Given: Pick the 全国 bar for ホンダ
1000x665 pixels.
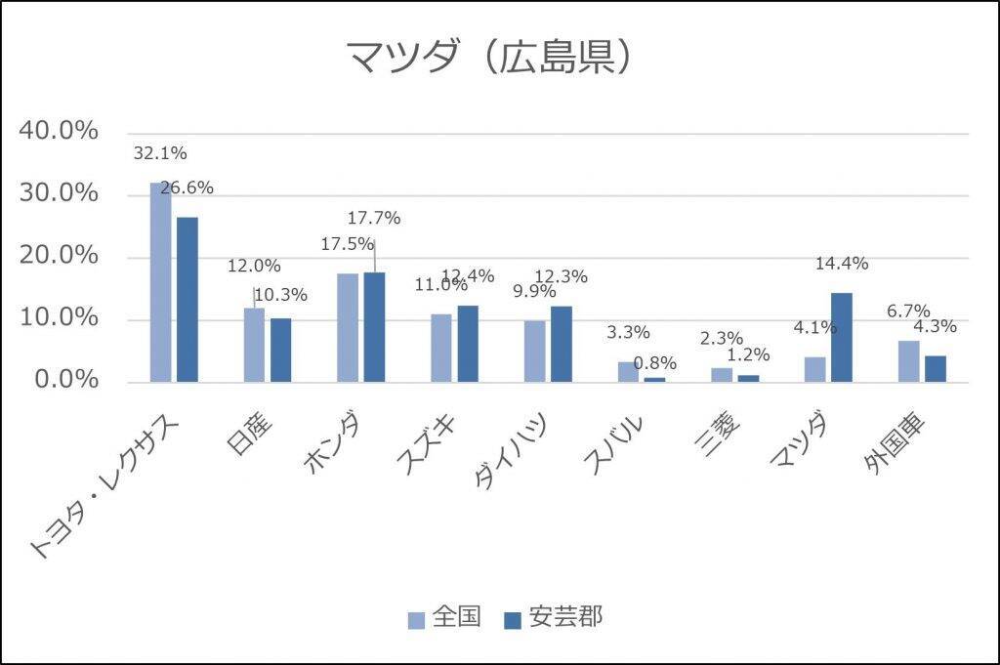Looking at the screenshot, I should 348,327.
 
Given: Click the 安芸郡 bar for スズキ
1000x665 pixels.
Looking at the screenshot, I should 468,343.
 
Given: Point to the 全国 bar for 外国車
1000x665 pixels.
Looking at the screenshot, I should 909,360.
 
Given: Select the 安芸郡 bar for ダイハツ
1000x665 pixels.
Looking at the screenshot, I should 561,343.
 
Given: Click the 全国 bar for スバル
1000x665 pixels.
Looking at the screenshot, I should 629,371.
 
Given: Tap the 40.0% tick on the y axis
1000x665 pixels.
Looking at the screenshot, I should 60,131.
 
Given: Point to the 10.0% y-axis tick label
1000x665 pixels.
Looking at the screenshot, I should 60,318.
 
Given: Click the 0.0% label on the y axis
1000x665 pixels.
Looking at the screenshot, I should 66,380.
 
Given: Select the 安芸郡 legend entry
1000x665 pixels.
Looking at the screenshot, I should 553,617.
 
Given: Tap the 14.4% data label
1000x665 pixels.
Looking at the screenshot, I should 843,263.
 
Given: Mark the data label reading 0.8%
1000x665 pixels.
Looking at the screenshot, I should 655,363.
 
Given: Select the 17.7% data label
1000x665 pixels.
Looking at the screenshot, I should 375,218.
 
